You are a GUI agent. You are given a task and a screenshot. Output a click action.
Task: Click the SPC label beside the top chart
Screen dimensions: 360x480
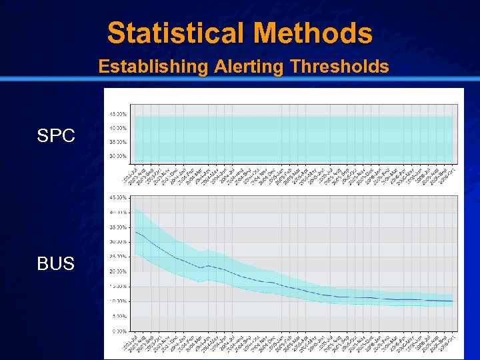pos(56,137)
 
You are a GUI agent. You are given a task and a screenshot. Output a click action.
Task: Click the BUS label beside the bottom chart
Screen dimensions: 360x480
pos(56,264)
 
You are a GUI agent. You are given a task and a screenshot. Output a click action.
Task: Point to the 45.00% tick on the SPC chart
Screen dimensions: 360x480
pos(119,113)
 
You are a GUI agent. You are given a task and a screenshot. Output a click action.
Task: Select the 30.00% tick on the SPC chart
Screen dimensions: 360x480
pos(119,156)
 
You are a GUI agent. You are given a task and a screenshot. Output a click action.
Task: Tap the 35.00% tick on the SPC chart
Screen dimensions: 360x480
pos(119,142)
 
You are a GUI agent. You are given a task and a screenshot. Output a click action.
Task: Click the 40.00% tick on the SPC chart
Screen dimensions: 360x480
pos(119,128)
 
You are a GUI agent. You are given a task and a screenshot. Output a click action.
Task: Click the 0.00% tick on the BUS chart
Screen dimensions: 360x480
pos(120,331)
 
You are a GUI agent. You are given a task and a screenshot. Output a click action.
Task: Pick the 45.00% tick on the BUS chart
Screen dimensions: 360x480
pos(119,197)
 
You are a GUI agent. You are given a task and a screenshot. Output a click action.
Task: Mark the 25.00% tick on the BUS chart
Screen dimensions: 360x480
pos(119,257)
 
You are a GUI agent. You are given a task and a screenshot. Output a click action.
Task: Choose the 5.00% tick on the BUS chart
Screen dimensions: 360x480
pos(120,316)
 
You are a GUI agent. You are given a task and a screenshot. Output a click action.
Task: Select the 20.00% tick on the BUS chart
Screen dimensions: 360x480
pos(119,272)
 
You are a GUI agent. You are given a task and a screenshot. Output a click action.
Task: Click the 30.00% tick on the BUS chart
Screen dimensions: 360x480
pos(119,242)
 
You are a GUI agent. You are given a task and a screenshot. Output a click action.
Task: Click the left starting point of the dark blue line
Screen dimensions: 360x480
pos(135,231)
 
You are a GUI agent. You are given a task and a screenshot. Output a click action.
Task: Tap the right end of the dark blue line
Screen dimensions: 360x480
pos(453,301)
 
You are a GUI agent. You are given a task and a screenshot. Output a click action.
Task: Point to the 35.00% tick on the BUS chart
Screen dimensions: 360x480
pos(119,227)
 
